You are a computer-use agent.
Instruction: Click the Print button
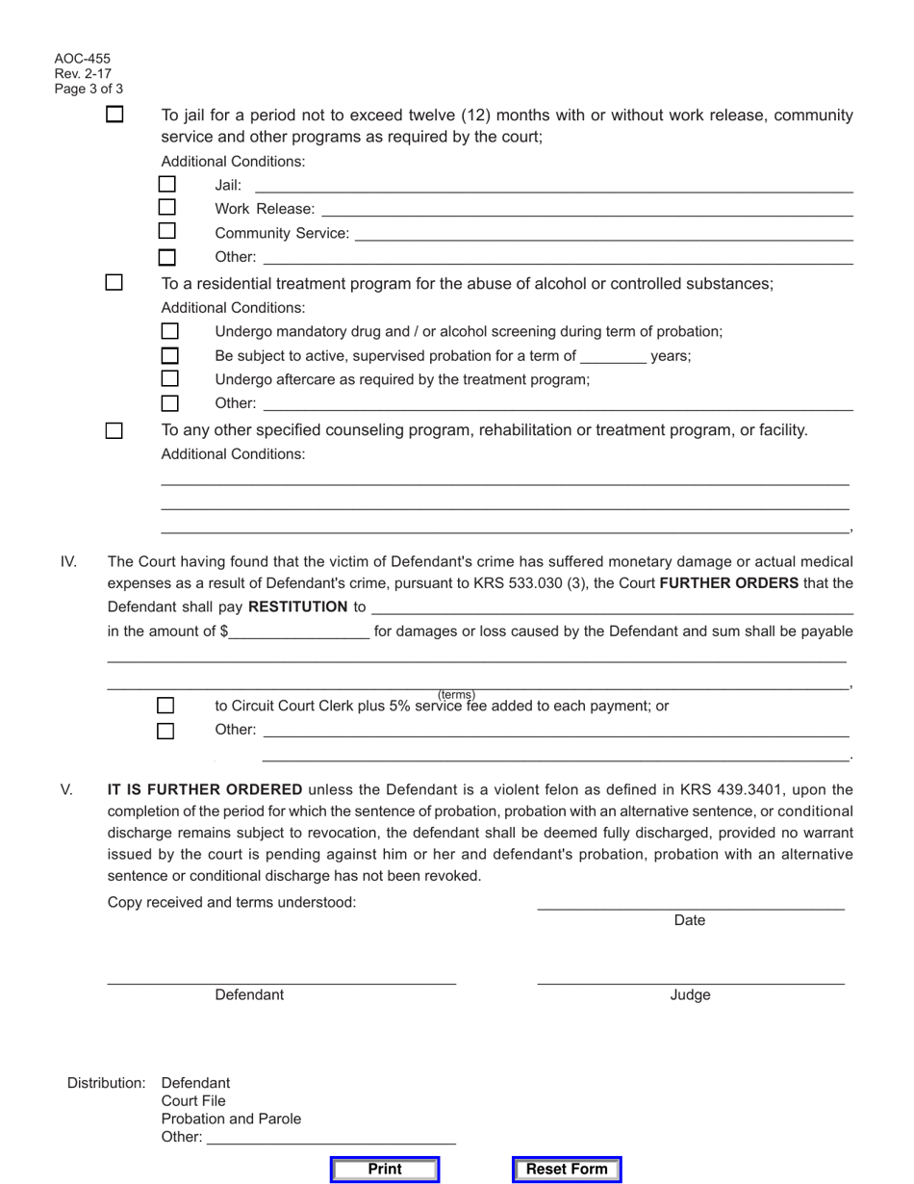click(385, 1170)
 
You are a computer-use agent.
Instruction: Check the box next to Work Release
click(167, 207)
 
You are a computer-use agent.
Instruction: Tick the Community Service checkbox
click(167, 231)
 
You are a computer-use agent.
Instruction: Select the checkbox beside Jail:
click(167, 183)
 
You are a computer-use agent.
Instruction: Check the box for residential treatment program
click(114, 283)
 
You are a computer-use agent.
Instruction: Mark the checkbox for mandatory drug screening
click(169, 331)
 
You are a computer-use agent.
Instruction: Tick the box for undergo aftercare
click(169, 378)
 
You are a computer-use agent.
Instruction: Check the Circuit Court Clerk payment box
click(166, 706)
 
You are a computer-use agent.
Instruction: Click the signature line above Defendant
click(281, 982)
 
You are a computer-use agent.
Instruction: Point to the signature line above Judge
click(690, 982)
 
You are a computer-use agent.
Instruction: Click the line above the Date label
click(690, 907)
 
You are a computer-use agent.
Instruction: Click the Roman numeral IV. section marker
click(68, 561)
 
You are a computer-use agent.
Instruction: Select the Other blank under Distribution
click(331, 1139)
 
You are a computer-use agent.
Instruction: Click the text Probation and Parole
click(231, 1119)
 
